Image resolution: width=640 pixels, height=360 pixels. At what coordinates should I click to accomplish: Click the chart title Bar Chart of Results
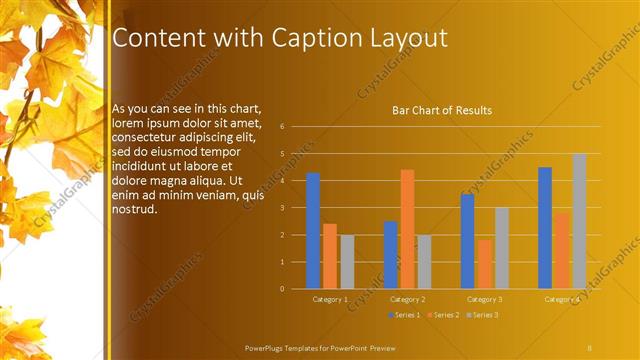click(x=441, y=109)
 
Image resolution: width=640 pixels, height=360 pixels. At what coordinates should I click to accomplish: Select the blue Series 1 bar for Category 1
click(x=313, y=230)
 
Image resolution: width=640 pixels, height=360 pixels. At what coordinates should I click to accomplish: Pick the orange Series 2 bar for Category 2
click(x=407, y=229)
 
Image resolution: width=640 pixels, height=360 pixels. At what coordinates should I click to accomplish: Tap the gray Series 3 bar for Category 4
click(x=579, y=221)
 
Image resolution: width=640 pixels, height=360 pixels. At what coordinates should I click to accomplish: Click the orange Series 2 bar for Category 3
click(x=485, y=264)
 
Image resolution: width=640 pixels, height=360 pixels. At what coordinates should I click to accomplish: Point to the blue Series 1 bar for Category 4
click(x=545, y=228)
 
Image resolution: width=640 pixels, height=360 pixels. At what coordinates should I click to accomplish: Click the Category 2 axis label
click(x=408, y=299)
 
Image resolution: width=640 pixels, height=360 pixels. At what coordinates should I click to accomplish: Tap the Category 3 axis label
click(x=485, y=299)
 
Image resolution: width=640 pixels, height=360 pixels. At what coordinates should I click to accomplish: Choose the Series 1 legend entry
click(x=404, y=315)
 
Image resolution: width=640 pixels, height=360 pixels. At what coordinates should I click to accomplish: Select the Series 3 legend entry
click(x=483, y=315)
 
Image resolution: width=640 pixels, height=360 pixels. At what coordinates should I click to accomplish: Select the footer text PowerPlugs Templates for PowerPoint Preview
click(x=327, y=347)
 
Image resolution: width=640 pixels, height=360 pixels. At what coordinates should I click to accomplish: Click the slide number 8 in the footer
click(x=589, y=347)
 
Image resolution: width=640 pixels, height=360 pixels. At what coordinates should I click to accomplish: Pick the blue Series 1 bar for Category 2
click(x=390, y=255)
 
